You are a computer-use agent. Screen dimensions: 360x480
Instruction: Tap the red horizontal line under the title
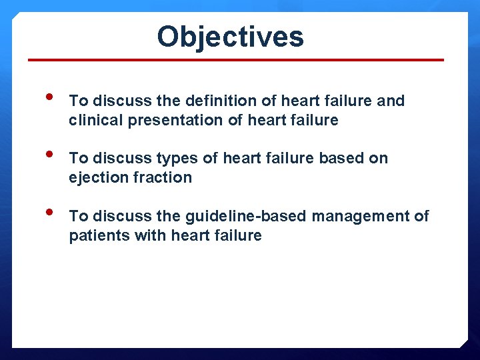point(236,60)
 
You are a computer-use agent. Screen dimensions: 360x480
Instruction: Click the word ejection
point(95,177)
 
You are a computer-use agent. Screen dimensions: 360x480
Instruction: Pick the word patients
point(95,235)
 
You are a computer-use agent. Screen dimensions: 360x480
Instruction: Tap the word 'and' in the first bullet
point(391,101)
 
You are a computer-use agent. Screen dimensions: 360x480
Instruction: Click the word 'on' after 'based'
point(378,158)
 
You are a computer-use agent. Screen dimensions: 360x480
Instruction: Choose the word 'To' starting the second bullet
point(79,158)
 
